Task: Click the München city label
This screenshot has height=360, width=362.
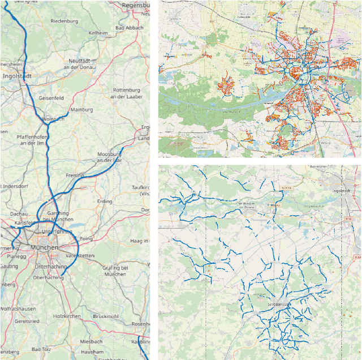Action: click(44, 248)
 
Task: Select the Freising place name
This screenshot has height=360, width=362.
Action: click(75, 175)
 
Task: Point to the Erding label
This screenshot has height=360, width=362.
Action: click(105, 202)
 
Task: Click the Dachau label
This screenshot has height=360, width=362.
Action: click(20, 213)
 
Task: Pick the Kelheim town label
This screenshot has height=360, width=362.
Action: click(98, 33)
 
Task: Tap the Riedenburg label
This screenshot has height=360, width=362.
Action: click(64, 21)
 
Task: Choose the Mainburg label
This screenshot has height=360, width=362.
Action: click(81, 110)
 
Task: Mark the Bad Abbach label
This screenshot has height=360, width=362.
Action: click(129, 28)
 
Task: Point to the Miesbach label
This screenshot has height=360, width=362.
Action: click(91, 342)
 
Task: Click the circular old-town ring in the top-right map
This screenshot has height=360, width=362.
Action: click(296, 71)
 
